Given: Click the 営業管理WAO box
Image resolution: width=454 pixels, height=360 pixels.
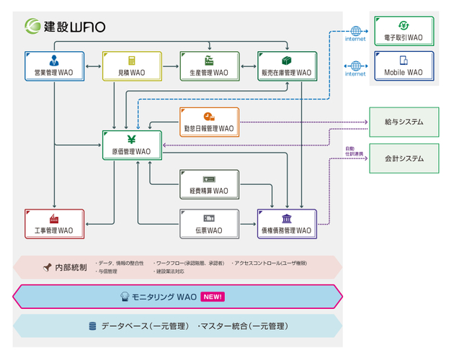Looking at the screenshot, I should pos(54,66).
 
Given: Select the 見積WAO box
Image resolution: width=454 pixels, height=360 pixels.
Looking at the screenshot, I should pos(131,66).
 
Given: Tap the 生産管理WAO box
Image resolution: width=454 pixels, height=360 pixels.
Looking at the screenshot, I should pos(209,66).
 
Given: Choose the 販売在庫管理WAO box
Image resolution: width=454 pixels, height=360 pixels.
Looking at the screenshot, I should pos(287,66).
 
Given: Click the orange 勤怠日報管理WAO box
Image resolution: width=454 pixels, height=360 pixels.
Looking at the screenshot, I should pos(208,122).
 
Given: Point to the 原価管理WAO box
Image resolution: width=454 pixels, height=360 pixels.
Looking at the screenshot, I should pos(131,145).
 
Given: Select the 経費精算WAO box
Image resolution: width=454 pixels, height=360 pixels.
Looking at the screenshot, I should pos(208,184).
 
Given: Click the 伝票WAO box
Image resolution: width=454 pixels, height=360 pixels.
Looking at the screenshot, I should pos(208,223).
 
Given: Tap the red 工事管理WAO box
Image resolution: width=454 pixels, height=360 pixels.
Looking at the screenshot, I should pos(54,223).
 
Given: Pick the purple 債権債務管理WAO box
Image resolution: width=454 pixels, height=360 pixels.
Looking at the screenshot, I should pos(287,223).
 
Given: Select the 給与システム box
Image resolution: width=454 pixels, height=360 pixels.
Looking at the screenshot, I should pos(404,122).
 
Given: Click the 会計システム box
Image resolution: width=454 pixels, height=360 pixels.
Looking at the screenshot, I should pos(404,158).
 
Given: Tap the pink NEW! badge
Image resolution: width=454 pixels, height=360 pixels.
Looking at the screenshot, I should pos(213,296).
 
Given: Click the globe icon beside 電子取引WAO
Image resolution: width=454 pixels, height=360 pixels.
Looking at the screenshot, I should pos(355,31).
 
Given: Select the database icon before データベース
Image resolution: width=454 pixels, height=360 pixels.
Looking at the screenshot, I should pos(92,326).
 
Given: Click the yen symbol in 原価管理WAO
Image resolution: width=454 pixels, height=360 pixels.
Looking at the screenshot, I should pos(131,139).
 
